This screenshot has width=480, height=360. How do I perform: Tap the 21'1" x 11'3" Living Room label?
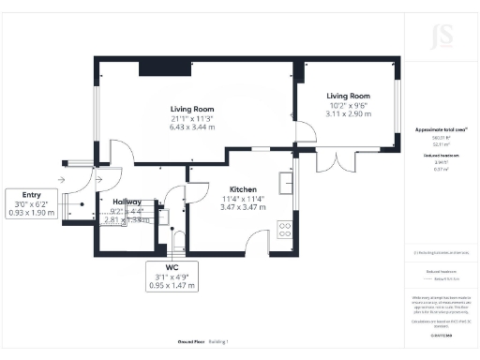pos(190,115)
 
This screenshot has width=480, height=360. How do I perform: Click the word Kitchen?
pos(242,188)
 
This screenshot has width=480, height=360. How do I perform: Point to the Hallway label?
pos(127,202)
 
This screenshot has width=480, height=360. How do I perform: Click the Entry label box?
pos(33,203)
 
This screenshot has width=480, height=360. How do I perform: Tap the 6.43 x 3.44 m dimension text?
pos(190,125)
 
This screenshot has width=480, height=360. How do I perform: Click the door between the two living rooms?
pos(302,134)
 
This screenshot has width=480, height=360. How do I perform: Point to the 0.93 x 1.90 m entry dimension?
pos(33,213)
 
